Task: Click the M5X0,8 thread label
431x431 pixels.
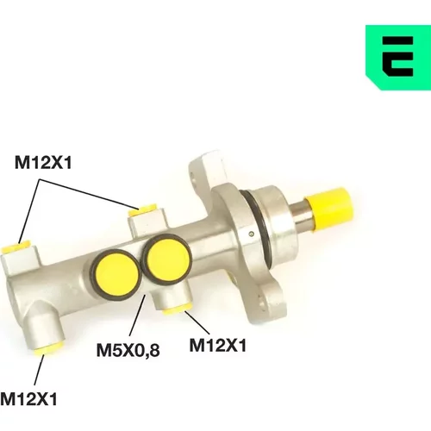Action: (x=128, y=350)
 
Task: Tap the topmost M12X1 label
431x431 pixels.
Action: (x=43, y=163)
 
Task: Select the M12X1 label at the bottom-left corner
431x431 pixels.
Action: (x=29, y=399)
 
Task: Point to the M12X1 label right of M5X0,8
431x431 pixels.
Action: (x=218, y=345)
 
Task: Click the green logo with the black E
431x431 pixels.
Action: (x=398, y=58)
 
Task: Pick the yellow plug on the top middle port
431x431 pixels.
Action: (x=143, y=210)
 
